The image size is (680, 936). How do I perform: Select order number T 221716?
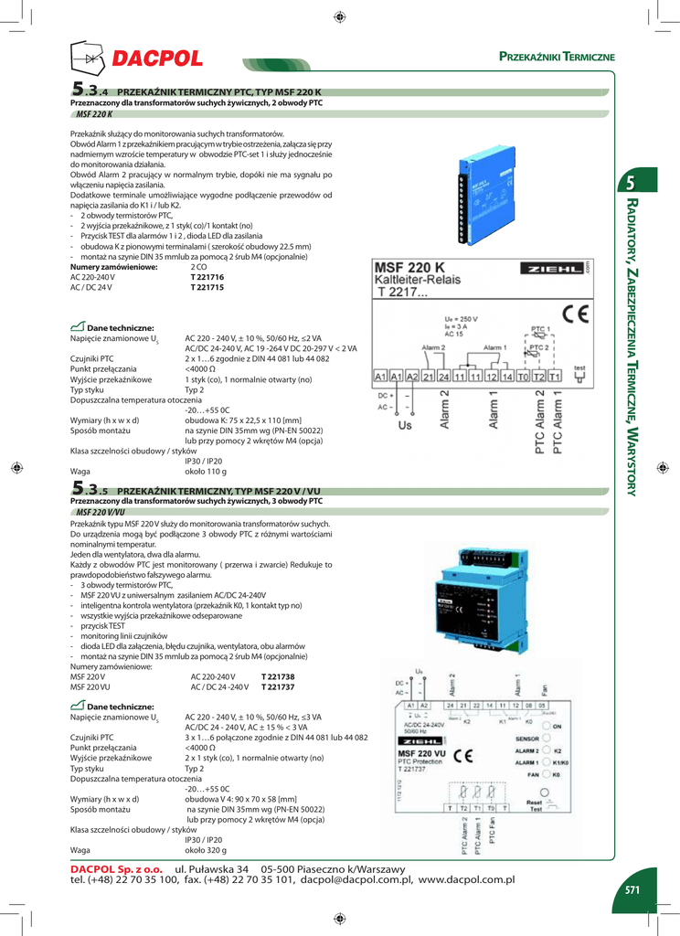click(207, 277)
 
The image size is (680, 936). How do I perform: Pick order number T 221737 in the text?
click(278, 686)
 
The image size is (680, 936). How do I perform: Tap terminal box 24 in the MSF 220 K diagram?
click(443, 377)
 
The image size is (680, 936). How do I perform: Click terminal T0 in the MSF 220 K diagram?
click(523, 377)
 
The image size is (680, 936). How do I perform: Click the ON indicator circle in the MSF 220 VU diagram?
click(546, 725)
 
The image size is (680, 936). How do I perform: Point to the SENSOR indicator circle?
click(546, 738)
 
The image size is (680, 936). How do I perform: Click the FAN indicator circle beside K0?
click(546, 774)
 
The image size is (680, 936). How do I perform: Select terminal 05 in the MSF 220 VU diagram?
click(543, 706)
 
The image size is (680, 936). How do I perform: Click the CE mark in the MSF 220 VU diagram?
click(463, 756)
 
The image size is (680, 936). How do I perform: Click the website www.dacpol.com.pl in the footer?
click(467, 879)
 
